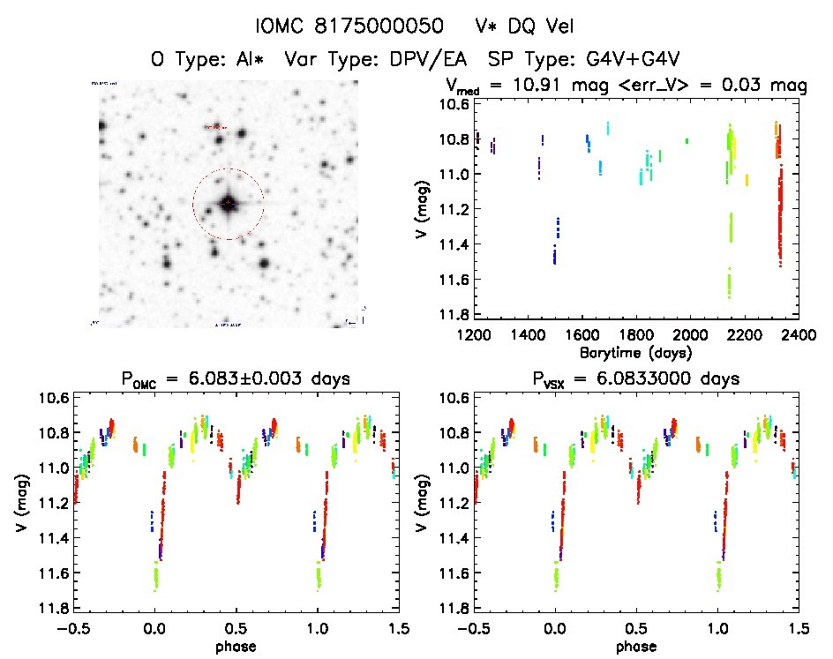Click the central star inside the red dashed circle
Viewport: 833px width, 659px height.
tap(229, 204)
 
